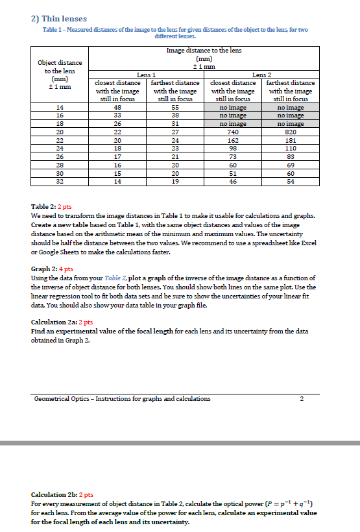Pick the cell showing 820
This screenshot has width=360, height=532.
(291, 130)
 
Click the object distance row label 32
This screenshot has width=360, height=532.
(61, 182)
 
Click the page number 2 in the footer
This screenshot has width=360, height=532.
(302, 399)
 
